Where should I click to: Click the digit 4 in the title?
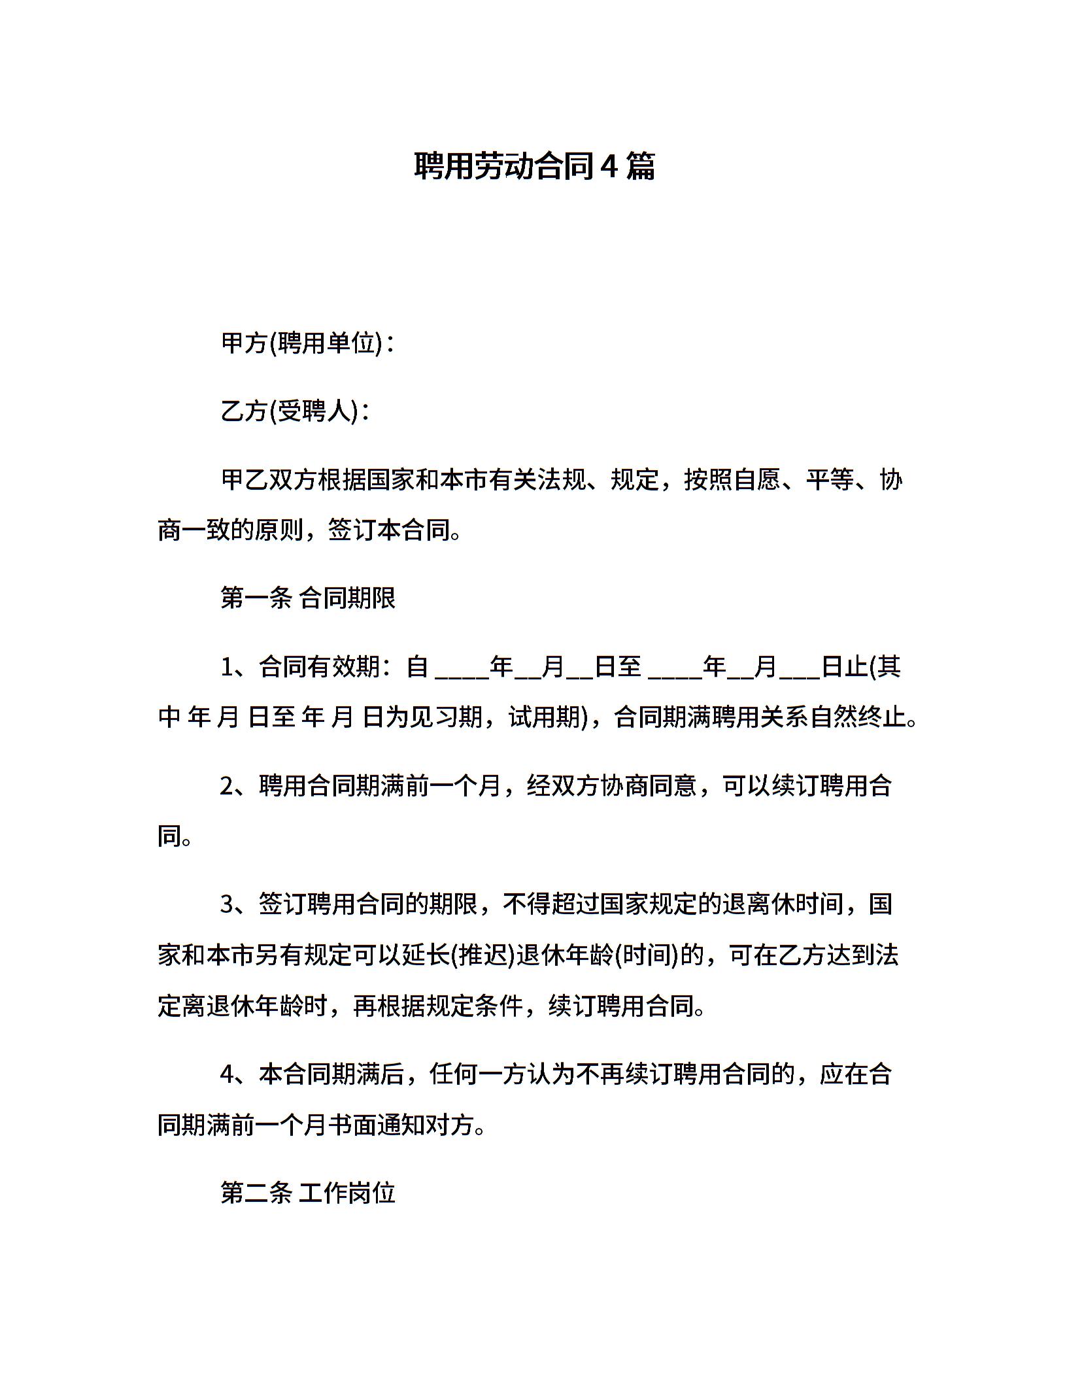click(x=608, y=167)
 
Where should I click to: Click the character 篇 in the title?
click(x=640, y=167)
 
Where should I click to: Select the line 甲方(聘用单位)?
click(x=308, y=343)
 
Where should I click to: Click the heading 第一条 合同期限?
click(x=308, y=598)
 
